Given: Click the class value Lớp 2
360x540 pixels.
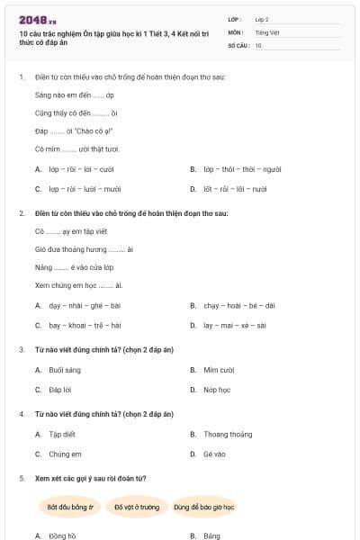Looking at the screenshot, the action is [262, 18].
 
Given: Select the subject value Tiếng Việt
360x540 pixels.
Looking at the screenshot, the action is [266, 31].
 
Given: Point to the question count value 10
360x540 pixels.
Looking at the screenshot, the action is [258, 45].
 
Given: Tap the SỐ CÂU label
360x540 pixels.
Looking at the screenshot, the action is [238, 45].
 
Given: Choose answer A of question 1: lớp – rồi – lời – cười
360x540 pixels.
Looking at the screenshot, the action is [81, 168].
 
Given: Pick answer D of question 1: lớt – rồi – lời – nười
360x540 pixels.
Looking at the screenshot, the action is [234, 189].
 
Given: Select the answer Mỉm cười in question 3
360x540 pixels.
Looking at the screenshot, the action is [219, 370].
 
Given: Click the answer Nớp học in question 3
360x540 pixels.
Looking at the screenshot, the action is [217, 390].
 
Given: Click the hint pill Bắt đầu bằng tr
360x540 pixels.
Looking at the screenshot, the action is [71, 507].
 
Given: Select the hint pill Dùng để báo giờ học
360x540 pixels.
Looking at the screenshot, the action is [204, 507].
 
